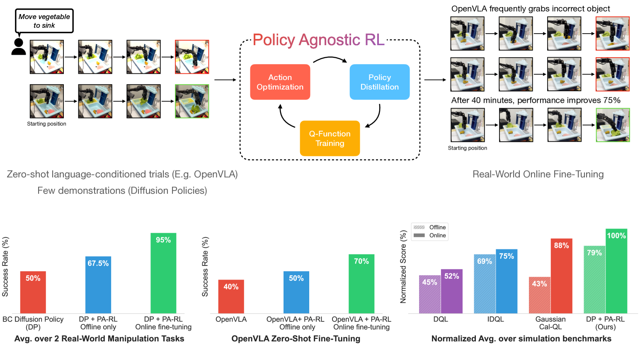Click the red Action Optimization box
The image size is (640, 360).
coord(280,82)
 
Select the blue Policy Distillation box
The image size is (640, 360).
coord(379,82)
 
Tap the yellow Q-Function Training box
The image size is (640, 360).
coord(330,138)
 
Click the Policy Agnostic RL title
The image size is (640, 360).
coord(318,40)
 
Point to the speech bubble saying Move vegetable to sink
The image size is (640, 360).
coord(44,21)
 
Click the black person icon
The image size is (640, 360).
coord(18,47)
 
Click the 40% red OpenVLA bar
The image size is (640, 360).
coord(231,296)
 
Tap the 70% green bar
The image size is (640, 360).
coord(361,284)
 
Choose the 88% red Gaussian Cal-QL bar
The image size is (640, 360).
coord(561,275)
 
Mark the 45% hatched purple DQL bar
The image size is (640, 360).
coord(429,294)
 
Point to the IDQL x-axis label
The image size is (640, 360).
coord(495,319)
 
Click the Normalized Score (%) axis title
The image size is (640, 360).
coord(403,267)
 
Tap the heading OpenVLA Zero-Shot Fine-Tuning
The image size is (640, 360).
coord(296,338)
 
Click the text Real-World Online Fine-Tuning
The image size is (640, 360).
coord(538,174)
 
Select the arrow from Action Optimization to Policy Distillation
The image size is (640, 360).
coord(330,59)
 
